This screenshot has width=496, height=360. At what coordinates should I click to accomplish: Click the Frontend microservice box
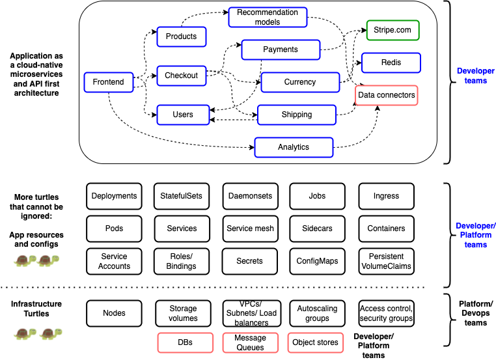tap(108, 82)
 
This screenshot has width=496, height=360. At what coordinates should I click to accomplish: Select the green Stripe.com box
tap(392, 30)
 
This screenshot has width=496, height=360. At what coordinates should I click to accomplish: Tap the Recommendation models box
tap(268, 17)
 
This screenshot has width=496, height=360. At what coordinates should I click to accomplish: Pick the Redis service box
tap(391, 62)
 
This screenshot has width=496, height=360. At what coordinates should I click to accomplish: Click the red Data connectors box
tap(386, 95)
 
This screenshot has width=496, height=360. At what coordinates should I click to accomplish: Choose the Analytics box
tap(293, 147)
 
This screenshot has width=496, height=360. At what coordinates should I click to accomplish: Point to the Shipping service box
tap(296, 115)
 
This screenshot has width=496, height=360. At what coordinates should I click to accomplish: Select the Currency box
tap(299, 82)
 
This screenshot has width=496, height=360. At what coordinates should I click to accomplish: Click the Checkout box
tap(181, 76)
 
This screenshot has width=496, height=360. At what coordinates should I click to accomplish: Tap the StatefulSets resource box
tap(182, 196)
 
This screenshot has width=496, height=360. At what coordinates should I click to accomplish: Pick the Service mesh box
tap(250, 228)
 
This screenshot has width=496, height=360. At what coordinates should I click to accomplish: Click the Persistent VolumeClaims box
tap(386, 261)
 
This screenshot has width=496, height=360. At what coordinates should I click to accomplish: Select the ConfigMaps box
tap(317, 261)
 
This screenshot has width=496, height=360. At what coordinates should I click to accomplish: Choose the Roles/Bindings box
tap(182, 261)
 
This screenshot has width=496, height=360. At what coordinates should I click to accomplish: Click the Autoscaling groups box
tap(317, 313)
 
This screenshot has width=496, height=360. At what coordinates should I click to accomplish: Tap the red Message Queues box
tap(250, 342)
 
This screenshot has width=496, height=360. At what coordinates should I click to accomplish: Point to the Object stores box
tap(314, 342)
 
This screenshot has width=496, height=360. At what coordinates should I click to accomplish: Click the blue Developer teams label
tap(475, 76)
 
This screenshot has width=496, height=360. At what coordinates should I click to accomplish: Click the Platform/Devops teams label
tap(475, 313)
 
